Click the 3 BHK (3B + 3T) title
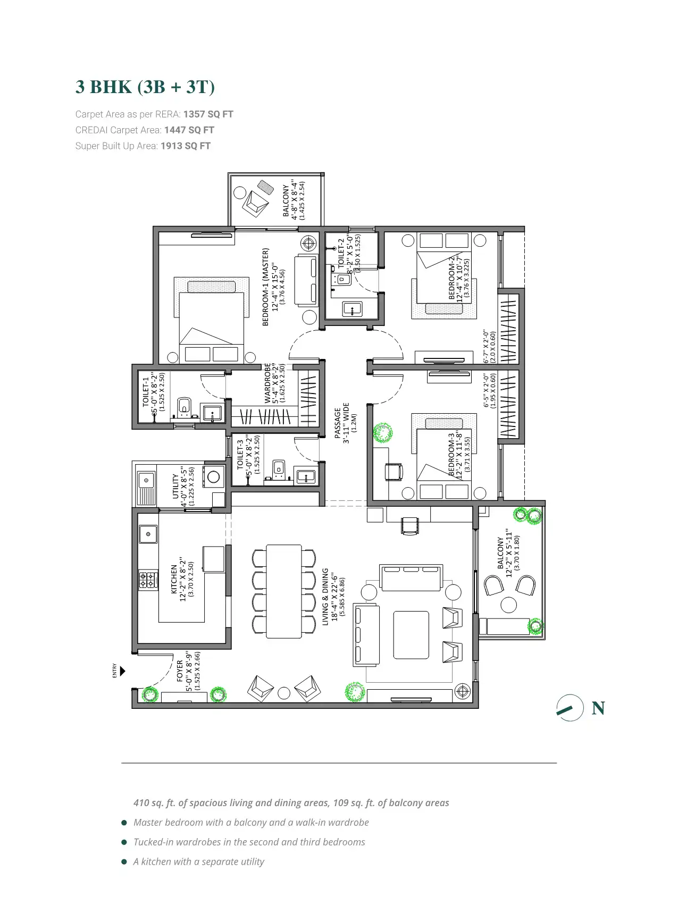[145, 87]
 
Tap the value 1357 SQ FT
[208, 114]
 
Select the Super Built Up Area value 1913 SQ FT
[186, 146]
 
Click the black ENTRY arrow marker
[122, 671]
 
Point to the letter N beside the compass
[598, 708]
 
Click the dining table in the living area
[284, 591]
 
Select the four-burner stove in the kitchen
[148, 580]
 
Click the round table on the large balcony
[509, 605]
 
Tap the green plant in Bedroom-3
[382, 433]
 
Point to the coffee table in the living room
[411, 635]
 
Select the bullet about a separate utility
[198, 861]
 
